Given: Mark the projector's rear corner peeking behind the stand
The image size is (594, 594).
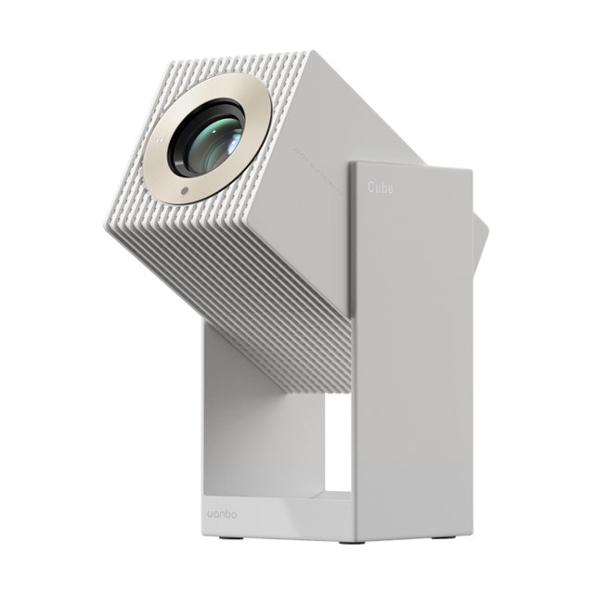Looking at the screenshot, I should (480, 241).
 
